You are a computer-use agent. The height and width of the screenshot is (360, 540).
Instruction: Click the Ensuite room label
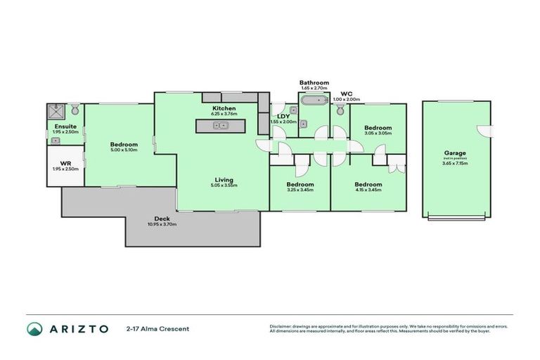click(x=66, y=127)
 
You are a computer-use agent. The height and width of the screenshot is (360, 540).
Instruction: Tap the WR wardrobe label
click(x=66, y=163)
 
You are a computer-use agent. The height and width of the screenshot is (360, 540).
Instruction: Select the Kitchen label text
click(x=224, y=108)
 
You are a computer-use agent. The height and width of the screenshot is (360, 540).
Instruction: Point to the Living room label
click(x=224, y=180)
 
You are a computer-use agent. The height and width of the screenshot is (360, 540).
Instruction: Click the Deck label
click(x=162, y=219)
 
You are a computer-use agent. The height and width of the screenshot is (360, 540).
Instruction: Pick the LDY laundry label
click(x=283, y=116)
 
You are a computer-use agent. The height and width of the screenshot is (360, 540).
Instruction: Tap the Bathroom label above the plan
click(x=314, y=83)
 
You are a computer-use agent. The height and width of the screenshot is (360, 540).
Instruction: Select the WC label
click(x=346, y=94)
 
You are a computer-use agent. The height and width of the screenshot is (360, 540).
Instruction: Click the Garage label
click(x=455, y=153)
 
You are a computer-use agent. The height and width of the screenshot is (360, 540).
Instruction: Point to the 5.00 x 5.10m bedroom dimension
click(x=124, y=150)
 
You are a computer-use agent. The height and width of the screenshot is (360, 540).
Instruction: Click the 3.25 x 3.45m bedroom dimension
click(x=300, y=190)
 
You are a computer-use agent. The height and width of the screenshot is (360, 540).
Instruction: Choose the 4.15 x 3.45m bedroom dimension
click(x=368, y=190)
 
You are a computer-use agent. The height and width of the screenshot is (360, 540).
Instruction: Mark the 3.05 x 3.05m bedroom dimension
click(x=378, y=134)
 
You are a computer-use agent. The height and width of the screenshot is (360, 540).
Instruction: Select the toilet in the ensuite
click(x=75, y=110)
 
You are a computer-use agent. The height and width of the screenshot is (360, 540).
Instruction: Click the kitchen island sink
click(x=221, y=126)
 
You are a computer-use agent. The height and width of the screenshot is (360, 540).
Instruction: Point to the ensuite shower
click(x=56, y=111)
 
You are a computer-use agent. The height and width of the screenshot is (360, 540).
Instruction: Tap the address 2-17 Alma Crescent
click(x=157, y=328)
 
